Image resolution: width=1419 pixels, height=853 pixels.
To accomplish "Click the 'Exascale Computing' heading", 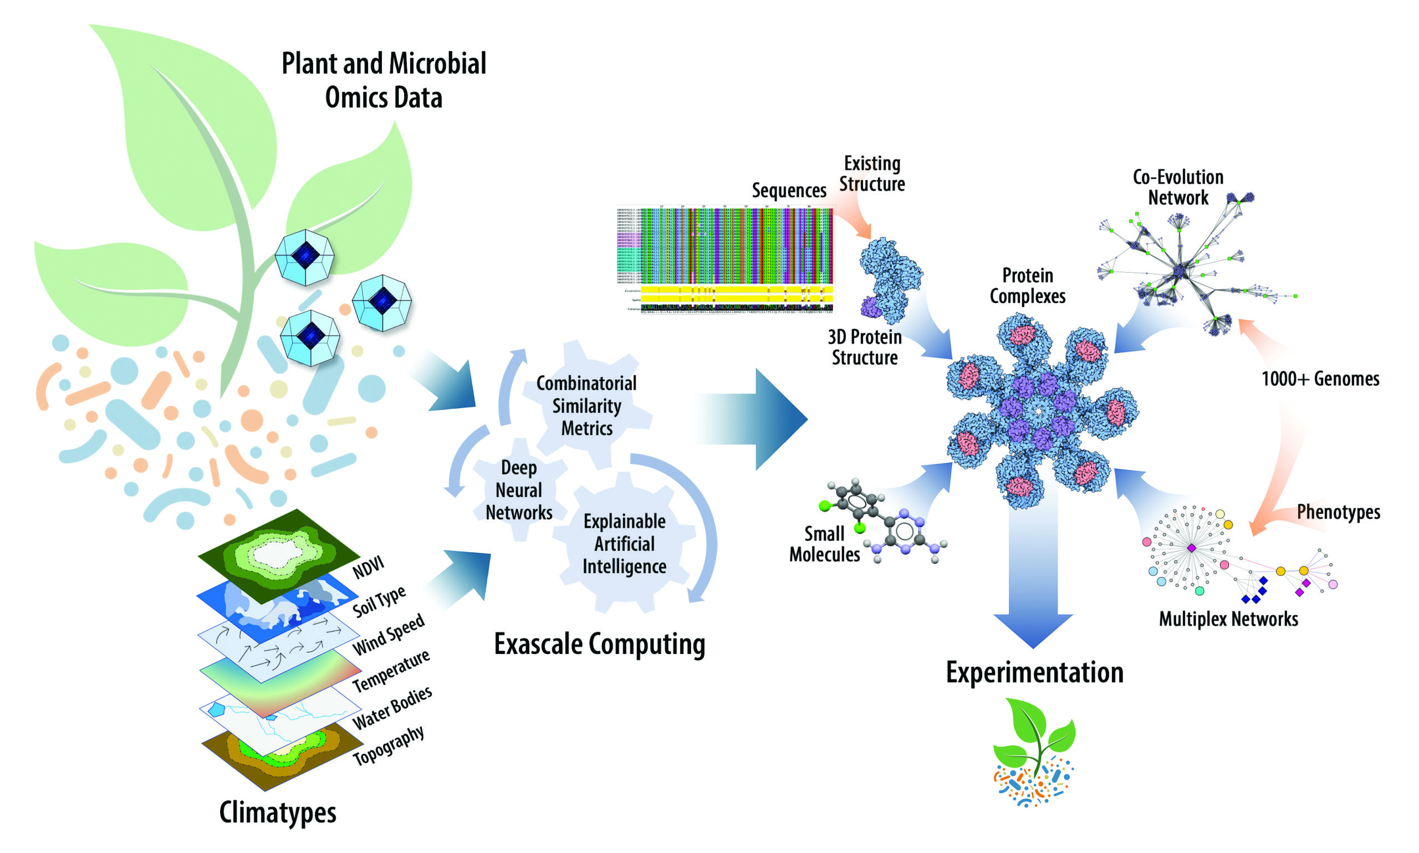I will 599,644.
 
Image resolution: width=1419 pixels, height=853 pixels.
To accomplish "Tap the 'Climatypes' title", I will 278,812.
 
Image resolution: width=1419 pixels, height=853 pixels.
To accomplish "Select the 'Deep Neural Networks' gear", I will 518,490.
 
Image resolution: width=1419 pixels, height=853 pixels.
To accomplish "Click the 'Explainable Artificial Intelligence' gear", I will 624,543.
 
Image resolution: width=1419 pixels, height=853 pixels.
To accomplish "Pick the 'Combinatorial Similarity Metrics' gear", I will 586,406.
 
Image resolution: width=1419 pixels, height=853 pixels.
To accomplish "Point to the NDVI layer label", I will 368,568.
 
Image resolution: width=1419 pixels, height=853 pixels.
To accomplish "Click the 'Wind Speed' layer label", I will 388,635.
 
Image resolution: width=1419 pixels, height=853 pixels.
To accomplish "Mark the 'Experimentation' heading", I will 1034,672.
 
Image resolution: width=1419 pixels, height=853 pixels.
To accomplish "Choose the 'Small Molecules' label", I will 824,544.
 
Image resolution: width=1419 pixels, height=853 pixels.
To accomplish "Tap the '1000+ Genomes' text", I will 1320,379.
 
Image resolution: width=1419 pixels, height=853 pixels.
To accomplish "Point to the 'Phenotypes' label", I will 1338,512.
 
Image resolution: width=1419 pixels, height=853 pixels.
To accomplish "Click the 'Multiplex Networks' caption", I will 1228,619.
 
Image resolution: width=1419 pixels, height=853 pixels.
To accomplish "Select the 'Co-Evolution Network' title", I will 1178,187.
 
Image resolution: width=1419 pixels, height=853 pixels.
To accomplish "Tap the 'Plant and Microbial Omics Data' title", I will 384,80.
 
